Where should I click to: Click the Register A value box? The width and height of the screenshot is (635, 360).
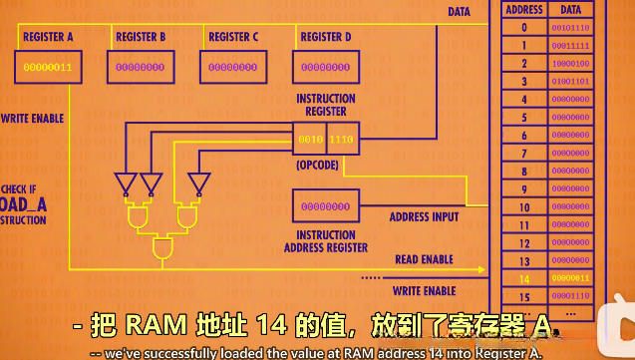pos(47,67)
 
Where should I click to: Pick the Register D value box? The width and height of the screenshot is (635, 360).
pos(325,67)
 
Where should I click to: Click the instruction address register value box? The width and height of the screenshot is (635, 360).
pos(325,206)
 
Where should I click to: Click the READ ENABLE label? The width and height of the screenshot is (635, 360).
pos(424,259)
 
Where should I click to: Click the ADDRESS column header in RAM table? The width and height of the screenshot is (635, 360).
pos(524,10)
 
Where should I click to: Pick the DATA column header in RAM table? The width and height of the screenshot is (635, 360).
pos(570,10)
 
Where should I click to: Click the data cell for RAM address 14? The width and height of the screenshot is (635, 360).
pos(570,279)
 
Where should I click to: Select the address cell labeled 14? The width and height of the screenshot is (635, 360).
pos(524,279)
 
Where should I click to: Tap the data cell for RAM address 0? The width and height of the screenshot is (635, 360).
pos(570,27)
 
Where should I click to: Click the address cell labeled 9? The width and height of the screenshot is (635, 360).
pos(524,189)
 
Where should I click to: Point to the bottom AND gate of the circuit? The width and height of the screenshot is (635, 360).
pos(160,246)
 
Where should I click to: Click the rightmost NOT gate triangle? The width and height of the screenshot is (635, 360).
pos(198,182)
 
